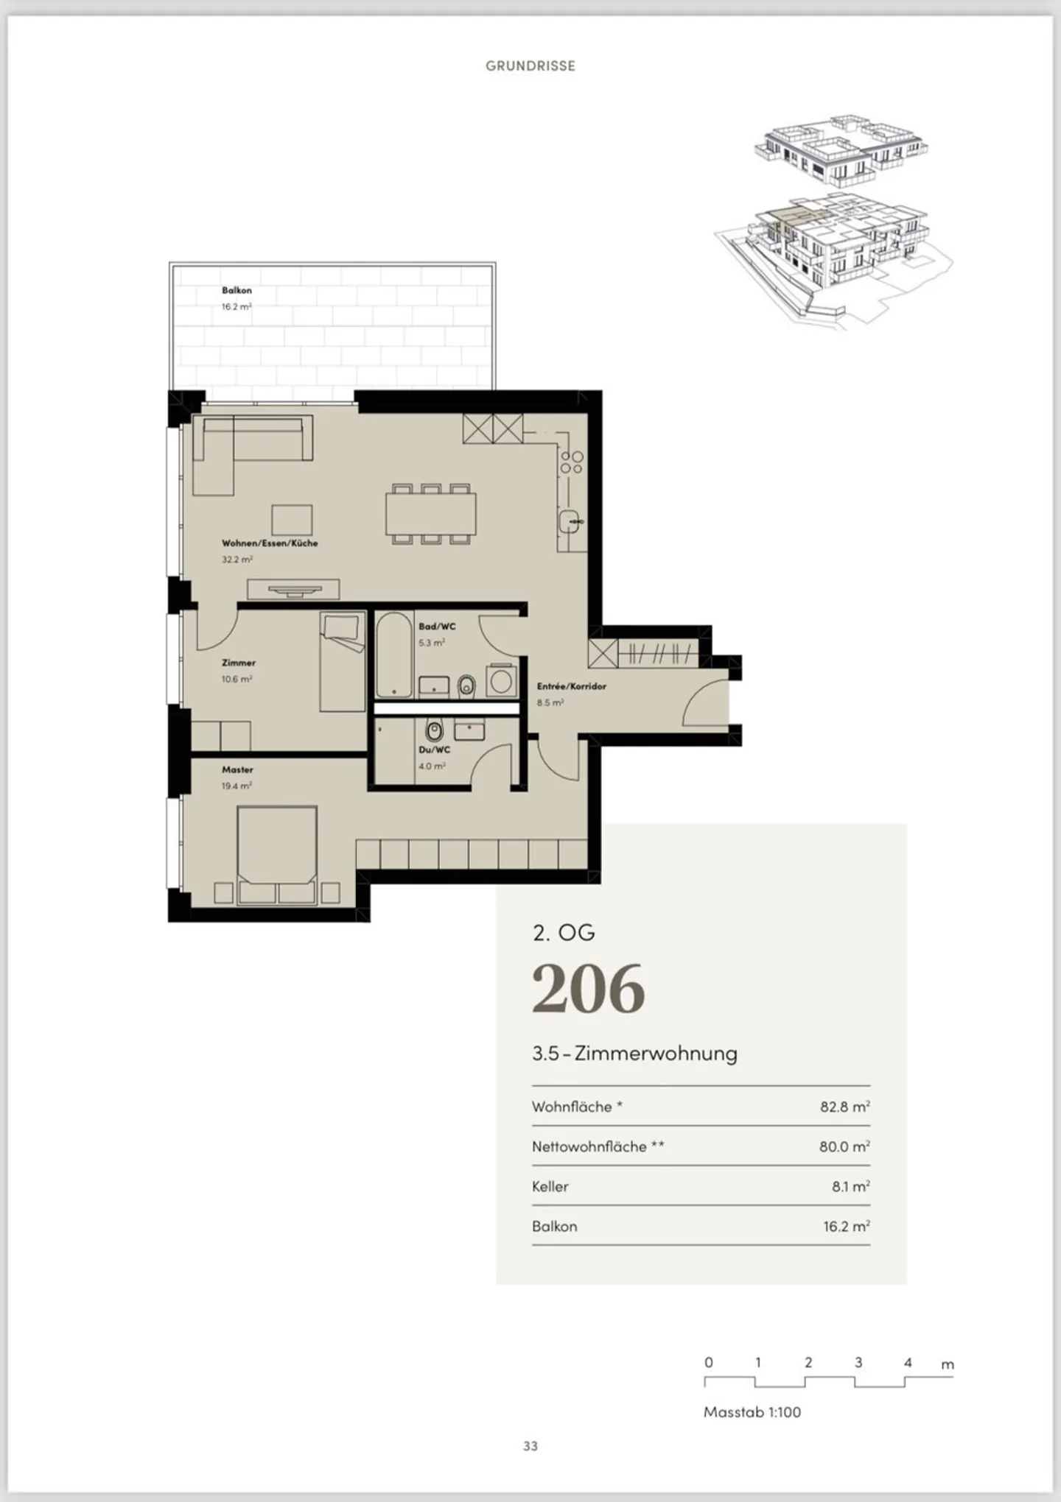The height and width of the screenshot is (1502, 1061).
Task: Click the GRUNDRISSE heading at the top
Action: pyautogui.click(x=530, y=66)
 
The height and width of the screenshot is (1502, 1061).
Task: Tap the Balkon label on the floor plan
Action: pyautogui.click(x=237, y=290)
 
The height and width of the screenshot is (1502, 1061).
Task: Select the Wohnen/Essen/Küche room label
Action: pyautogui.click(x=270, y=543)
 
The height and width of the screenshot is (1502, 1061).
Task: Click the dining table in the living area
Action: pyautogui.click(x=431, y=514)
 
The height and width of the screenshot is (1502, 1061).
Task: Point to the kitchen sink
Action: pyautogui.click(x=570, y=521)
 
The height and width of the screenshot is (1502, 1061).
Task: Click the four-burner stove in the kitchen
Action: pyautogui.click(x=572, y=462)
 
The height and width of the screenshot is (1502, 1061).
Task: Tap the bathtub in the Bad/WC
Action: pyautogui.click(x=394, y=655)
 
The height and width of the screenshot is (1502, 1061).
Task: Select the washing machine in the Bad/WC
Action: pyautogui.click(x=502, y=680)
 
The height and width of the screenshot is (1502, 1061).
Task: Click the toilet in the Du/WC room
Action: pyautogui.click(x=434, y=731)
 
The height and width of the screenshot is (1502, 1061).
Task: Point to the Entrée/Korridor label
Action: pyautogui.click(x=572, y=686)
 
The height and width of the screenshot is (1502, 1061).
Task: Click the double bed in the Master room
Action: pyautogui.click(x=277, y=854)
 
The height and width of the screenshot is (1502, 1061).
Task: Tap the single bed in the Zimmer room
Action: pyautogui.click(x=343, y=662)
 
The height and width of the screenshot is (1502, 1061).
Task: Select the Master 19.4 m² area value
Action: pyautogui.click(x=237, y=786)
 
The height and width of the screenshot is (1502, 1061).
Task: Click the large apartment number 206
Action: pyautogui.click(x=589, y=988)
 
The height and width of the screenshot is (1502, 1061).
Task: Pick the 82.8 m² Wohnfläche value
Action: pyautogui.click(x=845, y=1107)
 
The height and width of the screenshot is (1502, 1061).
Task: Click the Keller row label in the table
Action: pyautogui.click(x=550, y=1186)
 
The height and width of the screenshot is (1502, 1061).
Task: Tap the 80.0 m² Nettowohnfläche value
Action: pyautogui.click(x=845, y=1146)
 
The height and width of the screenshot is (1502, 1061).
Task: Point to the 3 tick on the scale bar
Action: pyautogui.click(x=858, y=1362)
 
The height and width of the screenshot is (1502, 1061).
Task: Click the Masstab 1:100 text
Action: pyautogui.click(x=752, y=1412)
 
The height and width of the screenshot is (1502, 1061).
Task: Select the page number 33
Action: pyautogui.click(x=530, y=1446)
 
